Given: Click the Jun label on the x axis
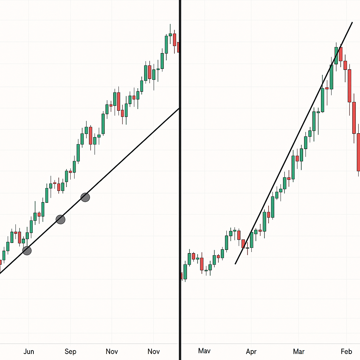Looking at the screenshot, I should coord(28,351).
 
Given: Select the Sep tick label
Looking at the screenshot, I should coord(70,351).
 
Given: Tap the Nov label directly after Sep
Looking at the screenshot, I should coord(112,351).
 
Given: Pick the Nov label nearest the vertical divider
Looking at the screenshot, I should coord(154,351).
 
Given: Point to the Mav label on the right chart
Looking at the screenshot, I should coord(204,351).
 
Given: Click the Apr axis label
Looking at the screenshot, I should coord(251,351).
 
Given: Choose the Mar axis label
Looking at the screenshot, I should coord(299,351).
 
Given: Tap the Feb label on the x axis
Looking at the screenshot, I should coord(347,351).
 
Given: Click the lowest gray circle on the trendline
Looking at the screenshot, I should coord(27,251).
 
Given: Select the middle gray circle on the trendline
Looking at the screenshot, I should coord(60,220).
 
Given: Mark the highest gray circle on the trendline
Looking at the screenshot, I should coord(85,197).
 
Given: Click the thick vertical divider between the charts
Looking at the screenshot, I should coord(180,176).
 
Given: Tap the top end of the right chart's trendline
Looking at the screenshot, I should coord(352,22).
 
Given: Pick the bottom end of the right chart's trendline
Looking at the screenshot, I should coord(235,263).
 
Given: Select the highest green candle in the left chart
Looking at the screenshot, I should coord(166,44).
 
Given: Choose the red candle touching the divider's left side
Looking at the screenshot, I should coord(178,47).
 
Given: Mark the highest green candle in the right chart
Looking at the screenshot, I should coord(336,56).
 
